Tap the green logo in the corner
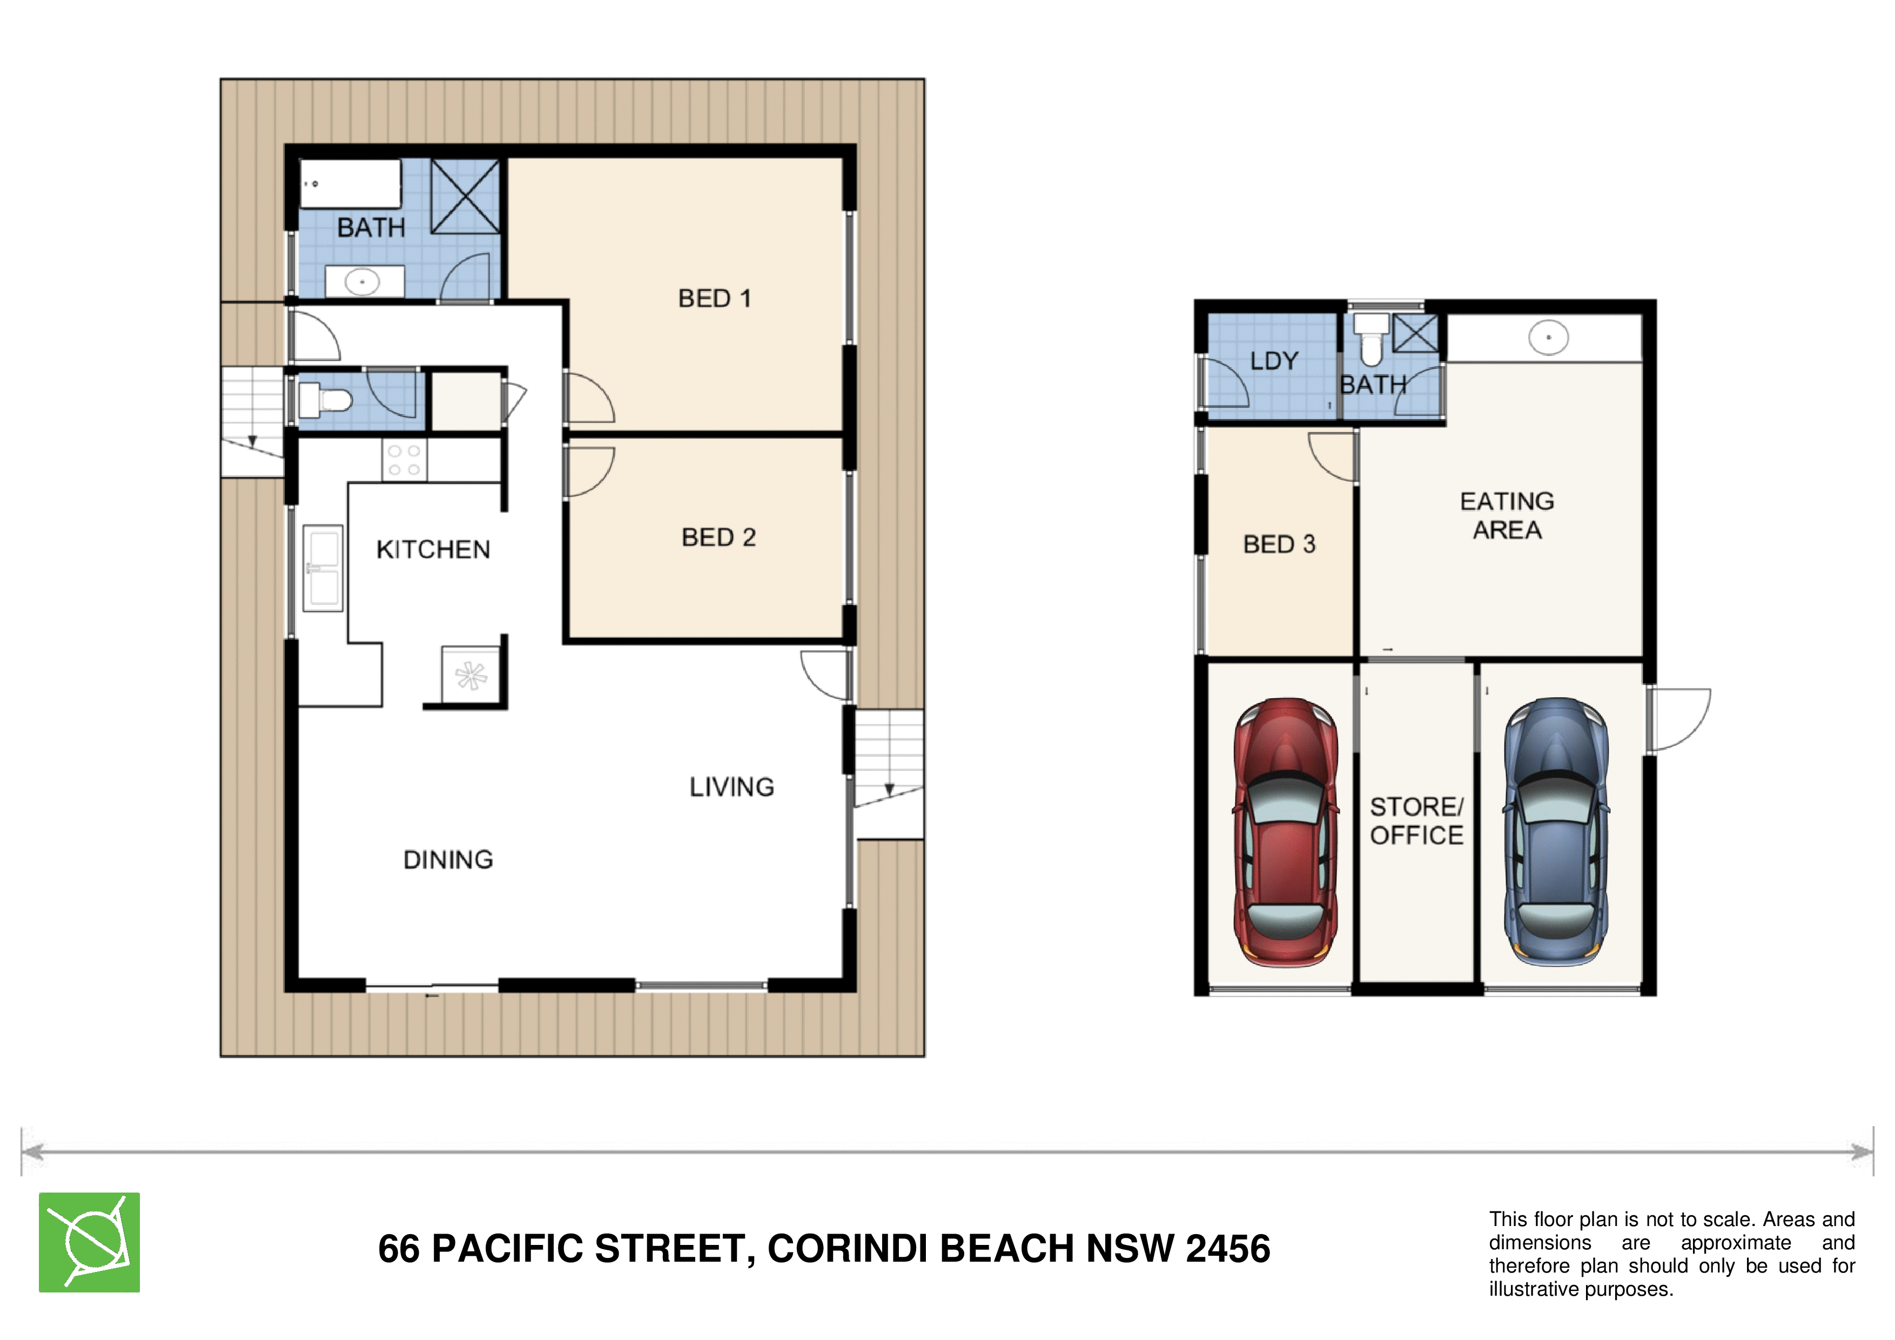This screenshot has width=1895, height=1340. [x=89, y=1243]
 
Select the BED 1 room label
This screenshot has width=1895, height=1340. [x=715, y=298]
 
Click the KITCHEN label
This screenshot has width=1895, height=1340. [x=433, y=549]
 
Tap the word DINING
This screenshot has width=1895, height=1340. [x=448, y=860]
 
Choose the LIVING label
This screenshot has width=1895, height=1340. [x=732, y=787]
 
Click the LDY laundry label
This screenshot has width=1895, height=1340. [x=1274, y=361]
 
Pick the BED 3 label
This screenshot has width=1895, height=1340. [x=1279, y=544]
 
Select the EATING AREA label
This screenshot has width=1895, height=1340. [x=1507, y=516]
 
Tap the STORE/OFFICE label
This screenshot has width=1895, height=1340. [x=1416, y=821]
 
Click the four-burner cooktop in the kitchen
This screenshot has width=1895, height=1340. [x=405, y=460]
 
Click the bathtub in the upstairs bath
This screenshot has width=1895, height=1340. [x=350, y=183]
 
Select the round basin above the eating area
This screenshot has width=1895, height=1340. [x=1548, y=338]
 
